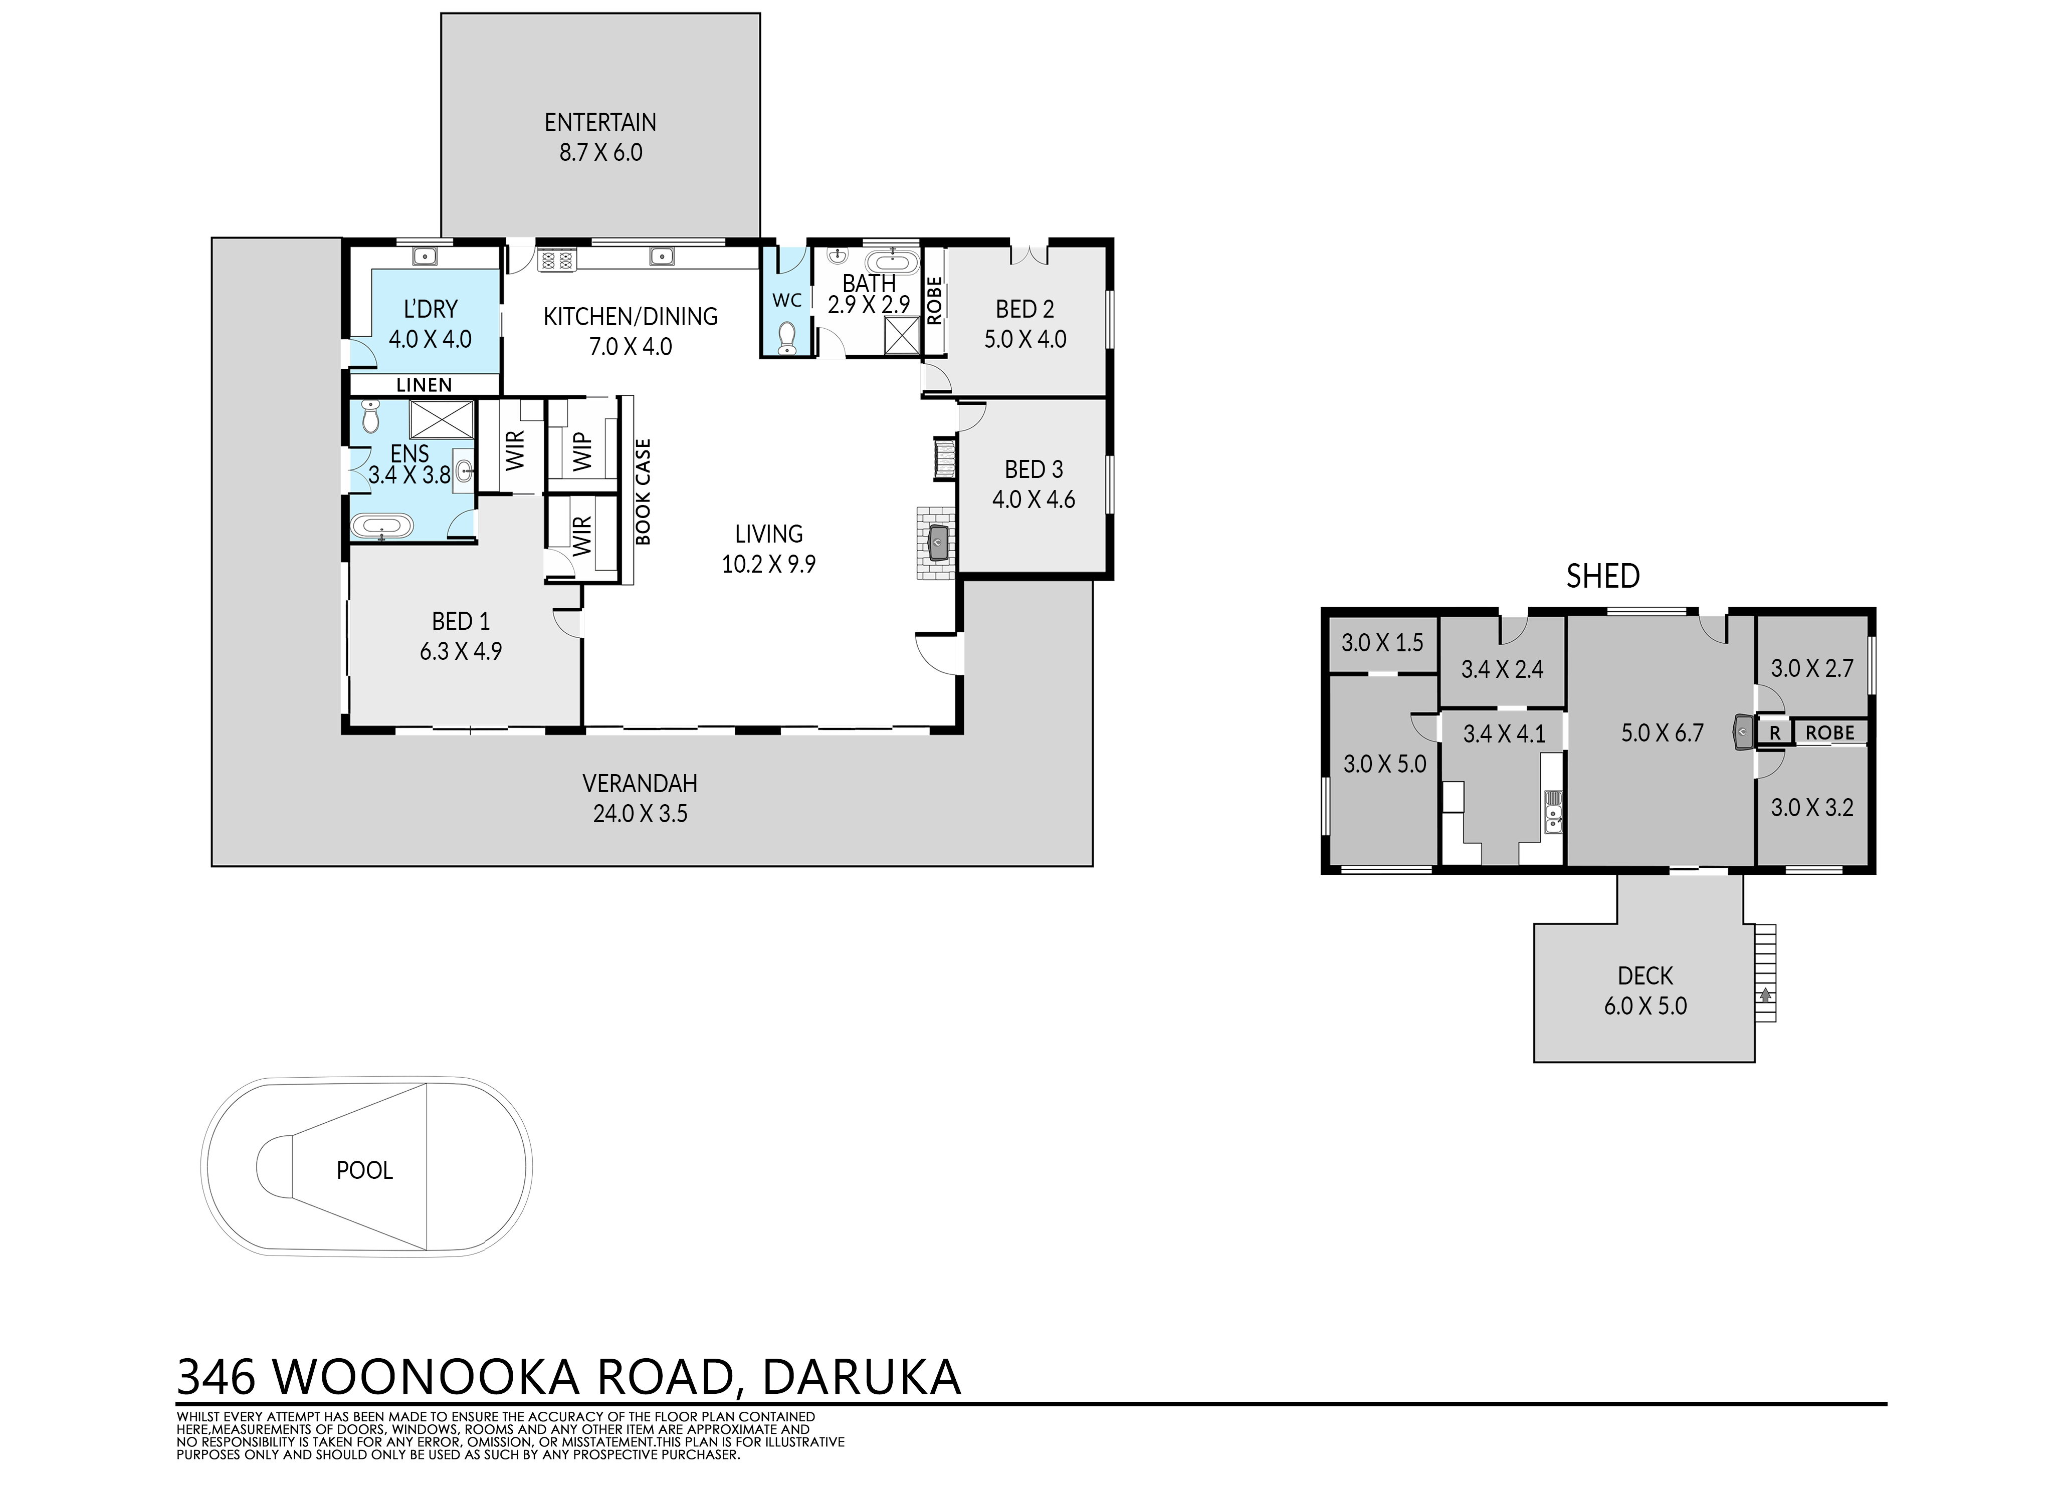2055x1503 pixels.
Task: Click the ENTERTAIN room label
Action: (x=600, y=122)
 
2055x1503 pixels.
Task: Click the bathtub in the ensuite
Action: (x=382, y=527)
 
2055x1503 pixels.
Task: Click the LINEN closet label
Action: (x=424, y=385)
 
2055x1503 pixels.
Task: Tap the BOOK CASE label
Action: (x=644, y=492)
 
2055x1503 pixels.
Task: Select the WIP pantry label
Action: (x=582, y=451)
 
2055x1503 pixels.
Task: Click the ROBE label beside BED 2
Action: (x=934, y=300)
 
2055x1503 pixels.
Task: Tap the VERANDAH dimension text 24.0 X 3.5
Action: (x=640, y=813)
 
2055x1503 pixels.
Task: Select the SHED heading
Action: (x=1603, y=576)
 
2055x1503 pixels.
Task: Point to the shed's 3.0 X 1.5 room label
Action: (x=1382, y=643)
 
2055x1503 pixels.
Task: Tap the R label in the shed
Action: (x=1774, y=732)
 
